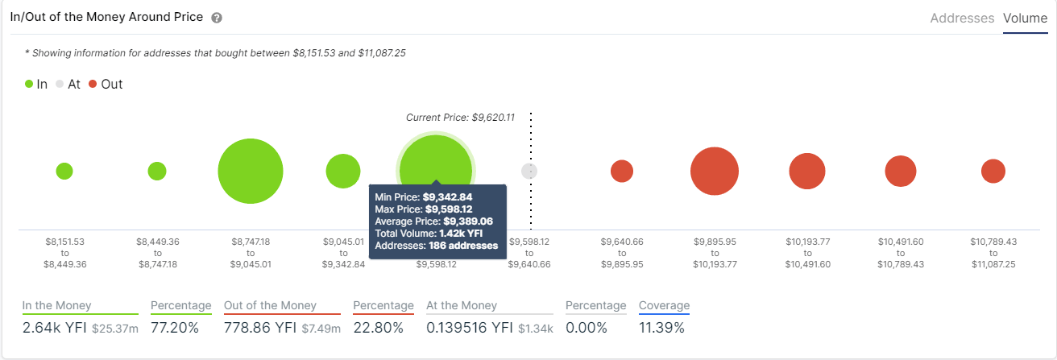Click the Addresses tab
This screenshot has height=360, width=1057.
pyautogui.click(x=962, y=18)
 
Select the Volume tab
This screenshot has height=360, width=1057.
pyautogui.click(x=1025, y=18)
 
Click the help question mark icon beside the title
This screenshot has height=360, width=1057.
pyautogui.click(x=217, y=18)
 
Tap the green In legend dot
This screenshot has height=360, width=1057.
pyautogui.click(x=29, y=84)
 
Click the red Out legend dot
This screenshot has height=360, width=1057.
pyautogui.click(x=93, y=84)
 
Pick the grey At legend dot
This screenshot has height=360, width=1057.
pyautogui.click(x=60, y=84)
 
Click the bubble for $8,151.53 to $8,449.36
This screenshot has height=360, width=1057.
pyautogui.click(x=64, y=171)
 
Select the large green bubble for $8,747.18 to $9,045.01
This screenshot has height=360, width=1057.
pyautogui.click(x=250, y=172)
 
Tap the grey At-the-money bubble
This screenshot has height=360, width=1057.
pyautogui.click(x=529, y=171)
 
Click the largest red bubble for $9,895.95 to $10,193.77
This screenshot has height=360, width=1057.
pyautogui.click(x=715, y=171)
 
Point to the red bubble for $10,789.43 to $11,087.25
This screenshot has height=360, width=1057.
pyautogui.click(x=993, y=171)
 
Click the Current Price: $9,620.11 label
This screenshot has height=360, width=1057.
pyautogui.click(x=460, y=118)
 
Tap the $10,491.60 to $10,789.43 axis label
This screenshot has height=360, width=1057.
pyautogui.click(x=900, y=252)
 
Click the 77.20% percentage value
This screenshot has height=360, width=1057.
pyautogui.click(x=176, y=327)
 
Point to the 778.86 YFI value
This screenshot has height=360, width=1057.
pyautogui.click(x=262, y=327)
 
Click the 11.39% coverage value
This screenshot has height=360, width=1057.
pyautogui.click(x=661, y=327)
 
